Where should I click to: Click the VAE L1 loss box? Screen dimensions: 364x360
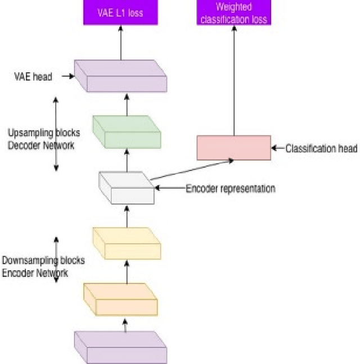click(121, 12)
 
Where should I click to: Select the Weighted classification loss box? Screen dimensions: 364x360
click(233, 12)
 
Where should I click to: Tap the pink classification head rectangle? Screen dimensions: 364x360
click(233, 148)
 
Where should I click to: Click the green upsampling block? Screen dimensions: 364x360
click(127, 132)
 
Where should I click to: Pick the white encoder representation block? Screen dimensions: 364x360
click(126, 188)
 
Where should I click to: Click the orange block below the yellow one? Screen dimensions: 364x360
click(120, 299)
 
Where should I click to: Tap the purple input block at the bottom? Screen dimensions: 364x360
click(120, 347)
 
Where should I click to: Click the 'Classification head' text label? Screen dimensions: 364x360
click(321, 149)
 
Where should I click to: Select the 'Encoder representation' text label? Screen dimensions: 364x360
click(230, 189)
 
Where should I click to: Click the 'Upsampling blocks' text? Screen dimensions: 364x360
click(44, 133)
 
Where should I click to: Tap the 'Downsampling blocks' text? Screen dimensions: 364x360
click(43, 261)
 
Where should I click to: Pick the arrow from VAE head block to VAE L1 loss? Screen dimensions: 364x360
click(121, 42)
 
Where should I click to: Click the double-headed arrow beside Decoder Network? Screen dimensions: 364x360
click(56, 133)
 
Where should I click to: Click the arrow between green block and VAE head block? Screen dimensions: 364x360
click(127, 104)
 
